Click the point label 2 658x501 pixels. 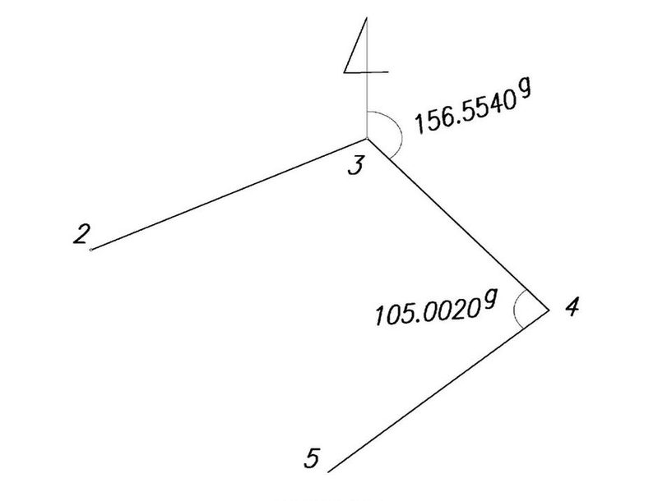(x=81, y=234)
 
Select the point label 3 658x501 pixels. (x=355, y=165)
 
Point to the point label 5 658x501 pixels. (x=313, y=458)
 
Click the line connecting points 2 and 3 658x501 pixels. (x=229, y=194)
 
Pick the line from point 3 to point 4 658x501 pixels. (x=458, y=224)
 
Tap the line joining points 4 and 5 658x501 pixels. (x=438, y=391)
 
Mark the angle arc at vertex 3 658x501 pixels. (x=401, y=133)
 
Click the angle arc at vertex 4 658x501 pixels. (x=515, y=309)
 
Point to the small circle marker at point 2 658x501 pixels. (x=91, y=250)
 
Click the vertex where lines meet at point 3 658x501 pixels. (x=367, y=138)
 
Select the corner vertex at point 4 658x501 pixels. (x=549, y=310)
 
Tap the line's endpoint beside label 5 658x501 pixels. (x=328, y=472)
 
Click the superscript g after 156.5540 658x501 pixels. (x=525, y=90)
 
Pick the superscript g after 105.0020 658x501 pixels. (x=488, y=300)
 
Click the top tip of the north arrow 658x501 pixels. (x=367, y=17)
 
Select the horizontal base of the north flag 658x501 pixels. (x=366, y=72)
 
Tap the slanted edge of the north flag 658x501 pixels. (x=355, y=45)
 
